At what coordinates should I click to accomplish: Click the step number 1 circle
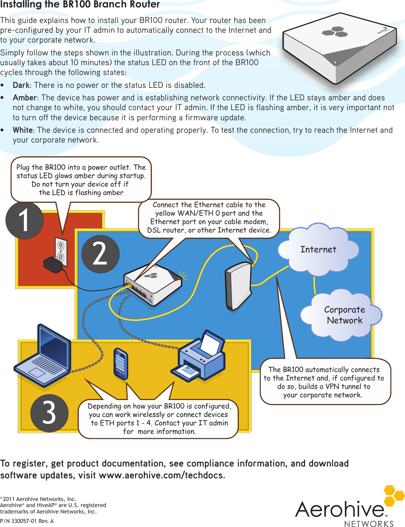point(24,220)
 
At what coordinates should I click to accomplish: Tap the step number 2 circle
point(100,254)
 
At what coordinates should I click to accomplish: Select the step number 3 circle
point(49,413)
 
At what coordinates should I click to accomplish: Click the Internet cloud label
point(318,250)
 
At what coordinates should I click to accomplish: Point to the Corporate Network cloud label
point(344,315)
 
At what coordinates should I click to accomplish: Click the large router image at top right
point(339,47)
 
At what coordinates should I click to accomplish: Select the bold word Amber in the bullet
point(25,98)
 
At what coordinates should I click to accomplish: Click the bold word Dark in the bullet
point(21,85)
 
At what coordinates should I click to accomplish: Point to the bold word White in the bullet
point(23,130)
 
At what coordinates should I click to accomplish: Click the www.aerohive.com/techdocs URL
point(162,475)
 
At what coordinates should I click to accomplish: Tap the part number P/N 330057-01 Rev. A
point(27,521)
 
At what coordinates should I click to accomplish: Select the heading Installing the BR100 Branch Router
point(80,4)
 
